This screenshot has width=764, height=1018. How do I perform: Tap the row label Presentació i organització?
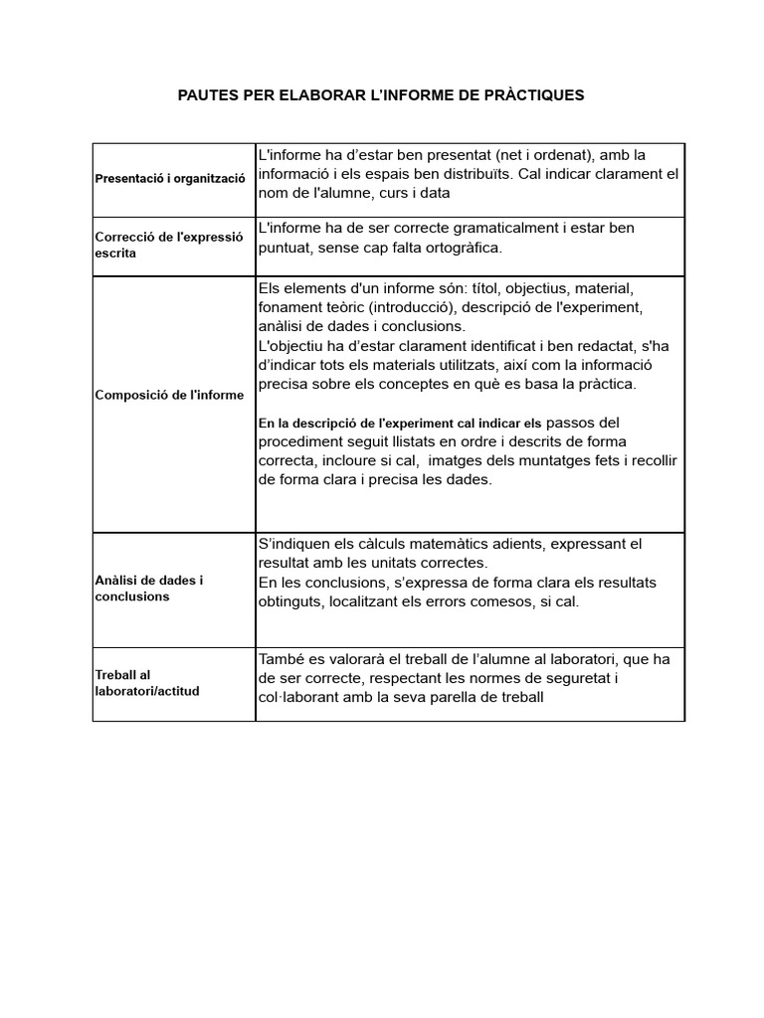[170, 180]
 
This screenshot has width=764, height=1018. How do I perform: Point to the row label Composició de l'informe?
[169, 395]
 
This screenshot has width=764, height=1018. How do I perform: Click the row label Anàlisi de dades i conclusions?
[149, 588]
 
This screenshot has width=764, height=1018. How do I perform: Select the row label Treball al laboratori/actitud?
[147, 683]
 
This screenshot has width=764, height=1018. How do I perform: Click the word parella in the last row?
[459, 697]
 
